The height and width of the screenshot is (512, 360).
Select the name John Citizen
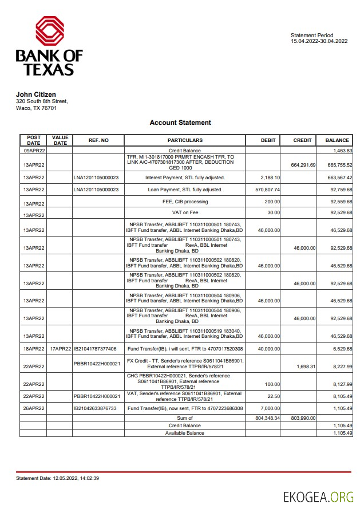click(35, 94)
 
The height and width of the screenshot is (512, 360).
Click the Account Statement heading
click(180, 123)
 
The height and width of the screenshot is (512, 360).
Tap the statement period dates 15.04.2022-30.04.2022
click(319, 41)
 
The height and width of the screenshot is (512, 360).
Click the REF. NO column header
click(98, 140)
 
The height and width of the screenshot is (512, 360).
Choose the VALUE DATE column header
click(60, 140)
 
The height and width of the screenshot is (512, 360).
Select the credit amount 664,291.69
click(303, 165)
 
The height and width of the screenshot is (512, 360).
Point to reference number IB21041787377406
click(95, 349)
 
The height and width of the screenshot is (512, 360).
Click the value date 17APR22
click(60, 349)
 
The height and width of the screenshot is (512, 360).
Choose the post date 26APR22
click(34, 408)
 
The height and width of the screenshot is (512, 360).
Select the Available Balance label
click(185, 433)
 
